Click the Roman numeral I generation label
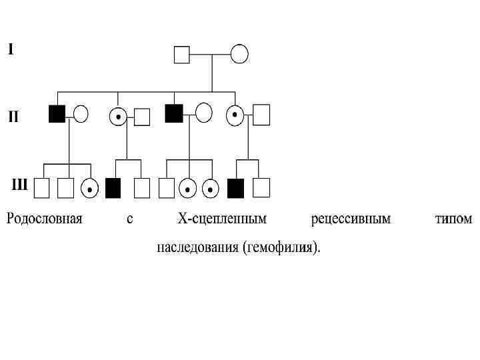coord(11,49)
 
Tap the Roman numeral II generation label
coord(13,117)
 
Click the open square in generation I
coord(181,53)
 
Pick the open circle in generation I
coord(239,53)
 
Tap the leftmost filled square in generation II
coord(57,113)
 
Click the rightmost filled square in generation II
coord(173,113)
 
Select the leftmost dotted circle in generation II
coord(118,116)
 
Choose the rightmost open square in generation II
coord(261,115)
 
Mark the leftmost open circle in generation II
coord(81,113)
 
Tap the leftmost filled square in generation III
coord(113,189)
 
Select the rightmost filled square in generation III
coord(235,189)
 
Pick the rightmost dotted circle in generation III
coord(211,189)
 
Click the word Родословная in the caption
coord(45,219)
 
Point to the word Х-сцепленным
coord(221,219)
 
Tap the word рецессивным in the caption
coord(351,219)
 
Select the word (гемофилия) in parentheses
coord(283,249)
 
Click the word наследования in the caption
coord(197,249)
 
